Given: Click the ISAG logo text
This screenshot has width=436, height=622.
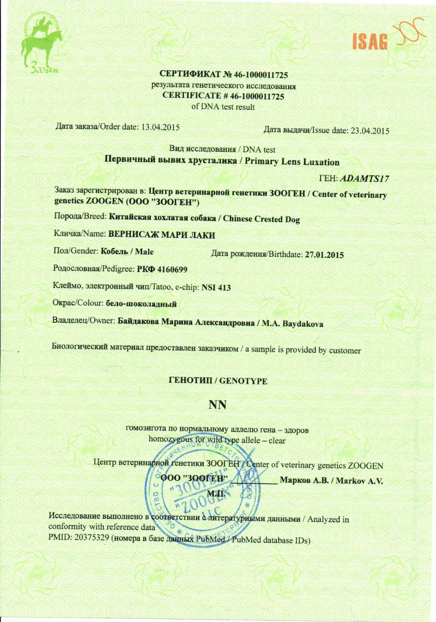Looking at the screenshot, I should tap(370, 42).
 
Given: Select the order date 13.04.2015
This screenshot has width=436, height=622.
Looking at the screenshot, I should tap(160, 127).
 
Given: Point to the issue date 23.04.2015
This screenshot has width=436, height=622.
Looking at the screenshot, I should tap(370, 131).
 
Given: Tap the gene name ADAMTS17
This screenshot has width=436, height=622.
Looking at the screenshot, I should tap(364, 179).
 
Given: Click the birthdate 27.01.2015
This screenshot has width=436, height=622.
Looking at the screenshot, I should tap(324, 255).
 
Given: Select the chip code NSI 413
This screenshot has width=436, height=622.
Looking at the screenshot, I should tap(216, 287).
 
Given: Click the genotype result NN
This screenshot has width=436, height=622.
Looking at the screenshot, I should tap(218, 404).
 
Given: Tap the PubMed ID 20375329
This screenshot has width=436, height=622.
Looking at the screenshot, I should tap(92, 537).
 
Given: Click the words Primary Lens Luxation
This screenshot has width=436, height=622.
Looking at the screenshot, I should tap(292, 162).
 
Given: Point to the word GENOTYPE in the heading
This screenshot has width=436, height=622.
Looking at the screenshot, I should tap(243, 381).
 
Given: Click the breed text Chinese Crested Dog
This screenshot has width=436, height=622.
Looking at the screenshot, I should tap(261, 219).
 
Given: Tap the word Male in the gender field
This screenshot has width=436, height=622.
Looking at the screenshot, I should tap(144, 252).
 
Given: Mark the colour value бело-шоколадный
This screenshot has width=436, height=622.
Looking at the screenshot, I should tap(141, 304).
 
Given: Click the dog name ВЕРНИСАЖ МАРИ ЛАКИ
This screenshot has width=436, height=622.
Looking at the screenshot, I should tap(162, 235).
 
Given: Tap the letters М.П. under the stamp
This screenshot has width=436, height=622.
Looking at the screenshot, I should tap(216, 493).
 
